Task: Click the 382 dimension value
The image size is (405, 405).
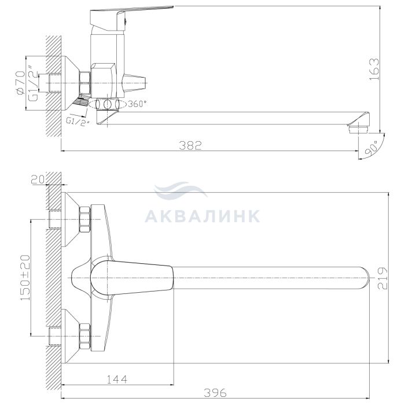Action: (190, 145)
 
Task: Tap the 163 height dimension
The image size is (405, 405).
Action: (374, 69)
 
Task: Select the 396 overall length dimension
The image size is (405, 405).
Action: (215, 393)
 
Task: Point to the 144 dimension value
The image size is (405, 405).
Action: (117, 379)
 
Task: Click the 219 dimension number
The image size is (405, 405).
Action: (383, 278)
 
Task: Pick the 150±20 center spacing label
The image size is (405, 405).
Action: (25, 278)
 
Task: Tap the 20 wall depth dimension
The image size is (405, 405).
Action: (38, 179)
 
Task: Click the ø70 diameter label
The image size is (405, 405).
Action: (20, 83)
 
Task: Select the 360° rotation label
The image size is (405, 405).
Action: (138, 104)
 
